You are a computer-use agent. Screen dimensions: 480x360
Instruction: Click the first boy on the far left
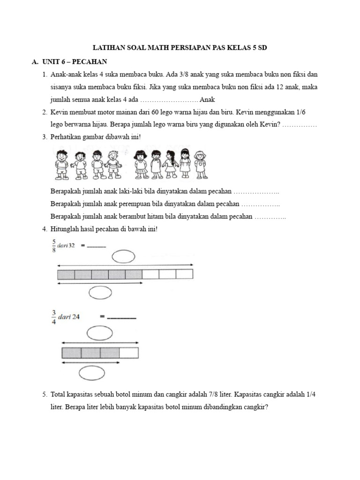tap(61, 164)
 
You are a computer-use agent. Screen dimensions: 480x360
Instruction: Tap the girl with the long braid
tap(171, 164)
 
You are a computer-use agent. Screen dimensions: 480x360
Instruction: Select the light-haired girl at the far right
tap(201, 164)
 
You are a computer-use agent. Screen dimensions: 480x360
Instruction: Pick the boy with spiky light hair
tap(112, 164)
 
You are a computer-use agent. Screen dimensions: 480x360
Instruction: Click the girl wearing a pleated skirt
tap(141, 164)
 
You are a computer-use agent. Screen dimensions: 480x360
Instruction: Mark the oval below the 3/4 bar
tap(92, 373)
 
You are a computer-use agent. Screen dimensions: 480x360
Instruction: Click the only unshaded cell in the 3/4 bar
tap(129, 353)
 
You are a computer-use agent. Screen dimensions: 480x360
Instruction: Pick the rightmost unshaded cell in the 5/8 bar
tap(184, 274)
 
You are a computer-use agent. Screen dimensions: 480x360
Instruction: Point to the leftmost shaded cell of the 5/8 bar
tap(66, 274)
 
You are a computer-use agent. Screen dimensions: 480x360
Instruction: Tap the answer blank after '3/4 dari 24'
tap(121, 317)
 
